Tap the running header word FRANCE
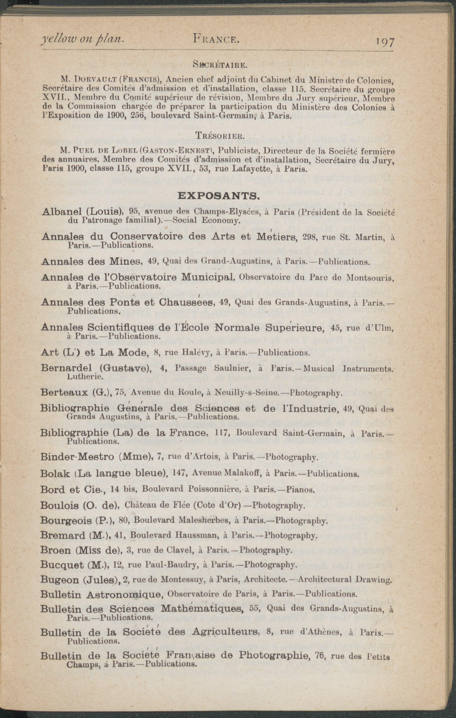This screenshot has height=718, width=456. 216,39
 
